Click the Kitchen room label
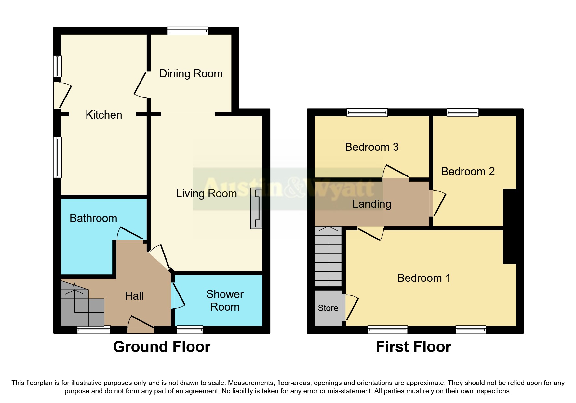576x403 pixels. pyautogui.click(x=104, y=115)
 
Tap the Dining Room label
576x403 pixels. pyautogui.click(x=191, y=74)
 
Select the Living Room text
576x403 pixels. pyautogui.click(x=206, y=194)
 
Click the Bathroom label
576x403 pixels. pyautogui.click(x=93, y=218)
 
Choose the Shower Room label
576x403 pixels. pyautogui.click(x=225, y=300)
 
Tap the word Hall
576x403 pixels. pyautogui.click(x=134, y=296)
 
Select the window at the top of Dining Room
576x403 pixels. pyautogui.click(x=188, y=31)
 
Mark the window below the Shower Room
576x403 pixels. pyautogui.click(x=190, y=330)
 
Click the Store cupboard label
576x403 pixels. pyautogui.click(x=328, y=308)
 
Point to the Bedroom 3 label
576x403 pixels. pyautogui.click(x=372, y=147)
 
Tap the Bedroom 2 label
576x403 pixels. pyautogui.click(x=468, y=171)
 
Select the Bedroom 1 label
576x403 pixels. pyautogui.click(x=424, y=278)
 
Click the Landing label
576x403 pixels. pyautogui.click(x=372, y=204)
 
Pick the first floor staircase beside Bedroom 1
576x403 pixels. pyautogui.click(x=328, y=257)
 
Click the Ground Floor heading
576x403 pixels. pyautogui.click(x=162, y=347)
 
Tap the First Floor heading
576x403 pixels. pyautogui.click(x=413, y=347)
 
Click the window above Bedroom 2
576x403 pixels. pyautogui.click(x=462, y=112)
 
